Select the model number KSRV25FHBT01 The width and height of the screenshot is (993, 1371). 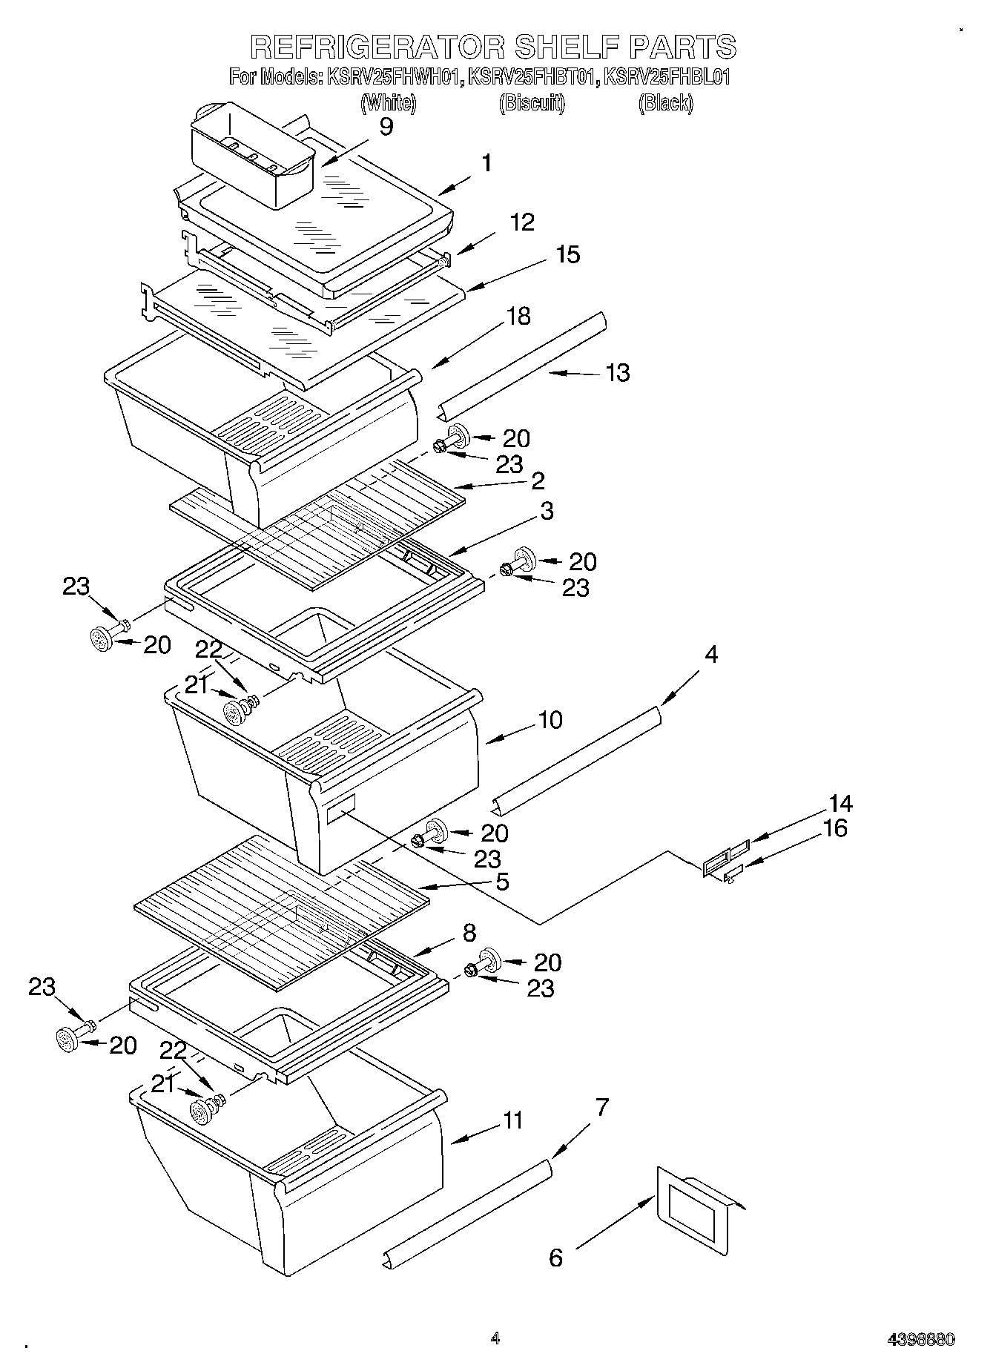click(x=532, y=76)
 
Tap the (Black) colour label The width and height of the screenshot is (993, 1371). click(x=665, y=103)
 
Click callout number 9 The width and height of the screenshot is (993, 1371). click(x=386, y=126)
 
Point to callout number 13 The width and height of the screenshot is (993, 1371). click(x=618, y=372)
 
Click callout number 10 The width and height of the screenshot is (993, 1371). click(x=550, y=719)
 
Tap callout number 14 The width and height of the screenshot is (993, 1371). click(x=840, y=803)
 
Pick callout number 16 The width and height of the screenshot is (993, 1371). click(x=835, y=827)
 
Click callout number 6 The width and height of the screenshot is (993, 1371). click(x=555, y=1257)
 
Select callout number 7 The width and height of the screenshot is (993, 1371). click(x=601, y=1108)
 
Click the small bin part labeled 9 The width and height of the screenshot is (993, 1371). click(x=252, y=156)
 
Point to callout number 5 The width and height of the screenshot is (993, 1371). click(x=502, y=882)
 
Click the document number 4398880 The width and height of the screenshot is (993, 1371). click(x=921, y=1340)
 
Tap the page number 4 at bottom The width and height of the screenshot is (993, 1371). click(x=495, y=1338)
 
